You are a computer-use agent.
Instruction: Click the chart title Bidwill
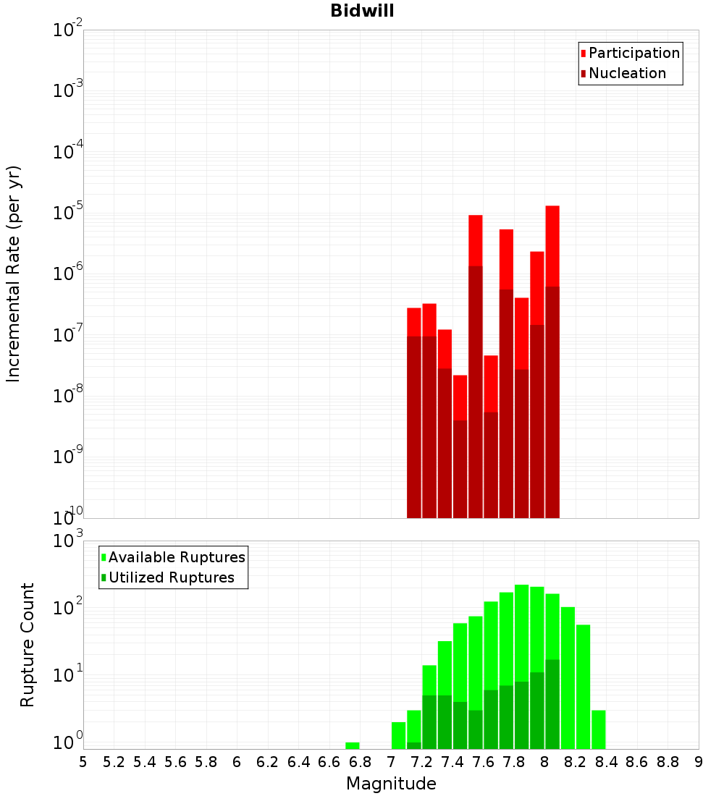(362, 11)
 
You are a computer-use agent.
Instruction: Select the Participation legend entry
(633, 54)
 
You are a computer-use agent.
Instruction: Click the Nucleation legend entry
(626, 74)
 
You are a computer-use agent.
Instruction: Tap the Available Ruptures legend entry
(176, 558)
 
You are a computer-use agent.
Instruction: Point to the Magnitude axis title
(391, 784)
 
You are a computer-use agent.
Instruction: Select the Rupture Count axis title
(28, 645)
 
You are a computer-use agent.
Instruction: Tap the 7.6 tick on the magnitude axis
(484, 762)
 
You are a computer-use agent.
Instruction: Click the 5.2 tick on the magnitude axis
(114, 762)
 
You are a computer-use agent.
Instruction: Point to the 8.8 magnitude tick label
(668, 762)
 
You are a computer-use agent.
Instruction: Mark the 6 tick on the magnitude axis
(237, 762)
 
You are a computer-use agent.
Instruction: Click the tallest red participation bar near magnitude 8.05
(552, 246)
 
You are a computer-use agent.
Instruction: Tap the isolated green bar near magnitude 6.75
(353, 745)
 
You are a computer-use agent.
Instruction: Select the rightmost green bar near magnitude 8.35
(599, 729)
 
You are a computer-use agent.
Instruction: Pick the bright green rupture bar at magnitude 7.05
(398, 735)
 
